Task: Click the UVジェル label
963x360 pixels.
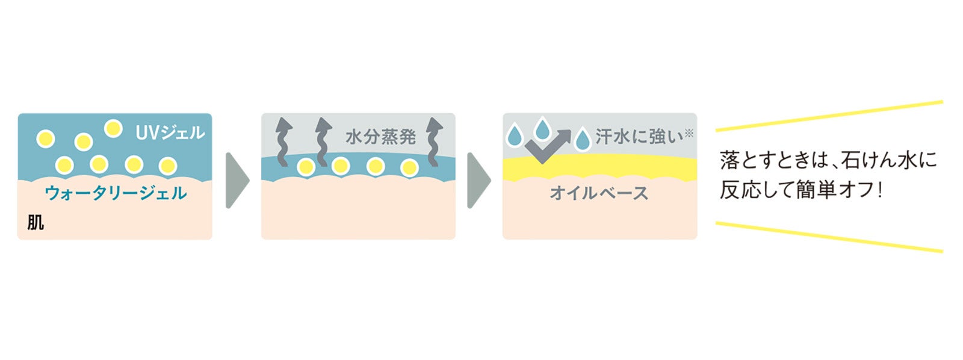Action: (170, 132)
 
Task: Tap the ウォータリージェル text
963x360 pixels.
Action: (116, 193)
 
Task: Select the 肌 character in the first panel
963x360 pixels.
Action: (36, 223)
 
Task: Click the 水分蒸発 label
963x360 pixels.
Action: (380, 137)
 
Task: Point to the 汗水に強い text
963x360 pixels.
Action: (640, 137)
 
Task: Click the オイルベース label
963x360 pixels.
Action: (599, 193)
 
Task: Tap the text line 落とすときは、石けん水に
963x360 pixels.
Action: (828, 161)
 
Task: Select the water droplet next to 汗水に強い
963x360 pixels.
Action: (582, 139)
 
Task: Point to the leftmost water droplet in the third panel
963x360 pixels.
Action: (515, 135)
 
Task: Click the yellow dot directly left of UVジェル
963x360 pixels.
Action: (113, 128)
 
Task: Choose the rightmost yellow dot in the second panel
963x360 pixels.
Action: (409, 167)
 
